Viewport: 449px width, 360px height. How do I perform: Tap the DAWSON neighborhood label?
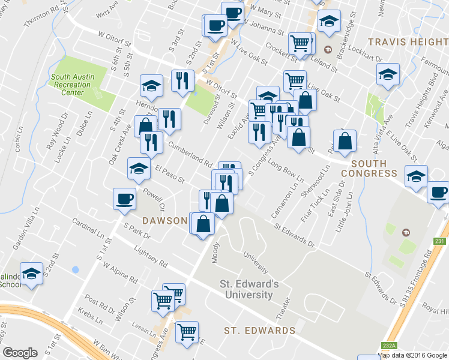click(x=165, y=220)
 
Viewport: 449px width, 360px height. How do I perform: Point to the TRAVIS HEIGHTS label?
click(x=408, y=42)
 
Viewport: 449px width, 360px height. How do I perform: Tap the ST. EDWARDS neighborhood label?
click(x=259, y=331)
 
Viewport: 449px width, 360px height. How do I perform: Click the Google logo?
click(x=20, y=353)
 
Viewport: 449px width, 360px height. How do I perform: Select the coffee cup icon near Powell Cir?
click(x=125, y=199)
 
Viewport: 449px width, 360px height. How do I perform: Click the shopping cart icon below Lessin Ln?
click(x=187, y=331)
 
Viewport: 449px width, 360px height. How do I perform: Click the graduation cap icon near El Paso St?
click(x=139, y=168)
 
